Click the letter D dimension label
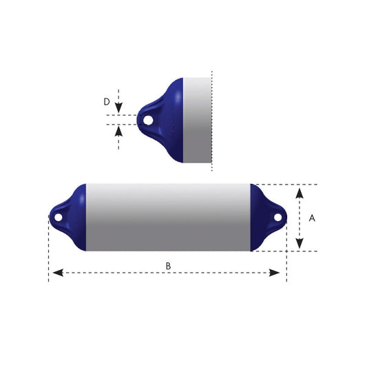[107, 102]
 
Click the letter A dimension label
[312, 218]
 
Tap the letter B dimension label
[167, 265]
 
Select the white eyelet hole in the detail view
[147, 120]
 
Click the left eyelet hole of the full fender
[59, 218]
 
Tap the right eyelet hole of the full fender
[277, 218]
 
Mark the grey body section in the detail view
[197, 120]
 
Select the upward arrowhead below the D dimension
[119, 130]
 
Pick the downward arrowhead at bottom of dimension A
[299, 242]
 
